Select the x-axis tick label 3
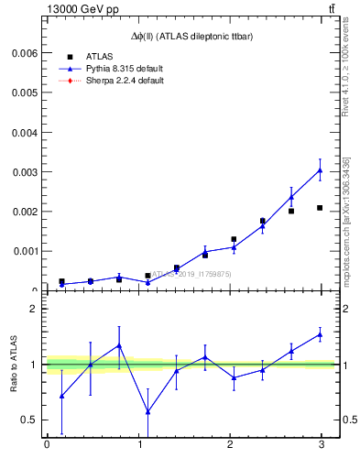pos(321,445)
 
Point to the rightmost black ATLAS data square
pos(320,208)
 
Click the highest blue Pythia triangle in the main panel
pos(320,170)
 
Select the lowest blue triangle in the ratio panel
pos(147,412)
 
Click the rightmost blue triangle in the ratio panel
pos(320,335)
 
